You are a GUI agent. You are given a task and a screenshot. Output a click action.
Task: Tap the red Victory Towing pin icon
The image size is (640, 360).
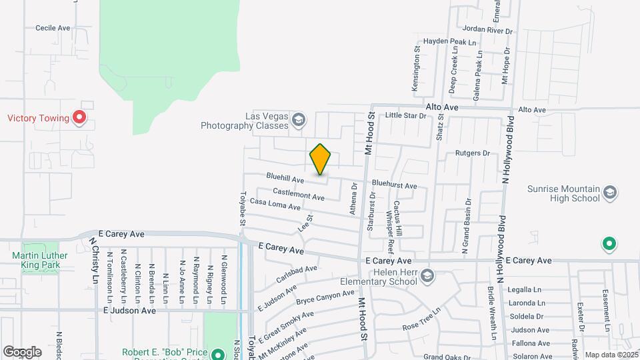click(x=80, y=119)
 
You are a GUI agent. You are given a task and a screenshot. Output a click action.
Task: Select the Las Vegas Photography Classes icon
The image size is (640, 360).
click(x=298, y=120)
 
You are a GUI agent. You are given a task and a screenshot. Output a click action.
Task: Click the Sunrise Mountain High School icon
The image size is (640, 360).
click(x=609, y=193)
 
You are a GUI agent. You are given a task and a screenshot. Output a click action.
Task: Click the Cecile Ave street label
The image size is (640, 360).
click(x=53, y=28)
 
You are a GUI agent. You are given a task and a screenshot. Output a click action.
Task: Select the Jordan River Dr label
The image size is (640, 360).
click(x=487, y=30)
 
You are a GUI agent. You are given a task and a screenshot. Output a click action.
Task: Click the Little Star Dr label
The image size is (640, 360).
click(x=405, y=116)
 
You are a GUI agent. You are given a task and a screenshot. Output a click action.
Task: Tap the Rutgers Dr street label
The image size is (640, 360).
click(x=472, y=153)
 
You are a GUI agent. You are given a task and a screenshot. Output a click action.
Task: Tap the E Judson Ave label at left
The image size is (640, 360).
click(x=129, y=311)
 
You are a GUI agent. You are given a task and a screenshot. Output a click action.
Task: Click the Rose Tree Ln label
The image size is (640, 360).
click(x=422, y=319)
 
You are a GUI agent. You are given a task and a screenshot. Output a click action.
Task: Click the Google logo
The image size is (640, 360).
click(x=22, y=351)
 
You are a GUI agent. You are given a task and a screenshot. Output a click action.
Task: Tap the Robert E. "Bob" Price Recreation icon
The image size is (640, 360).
click(x=217, y=353)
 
